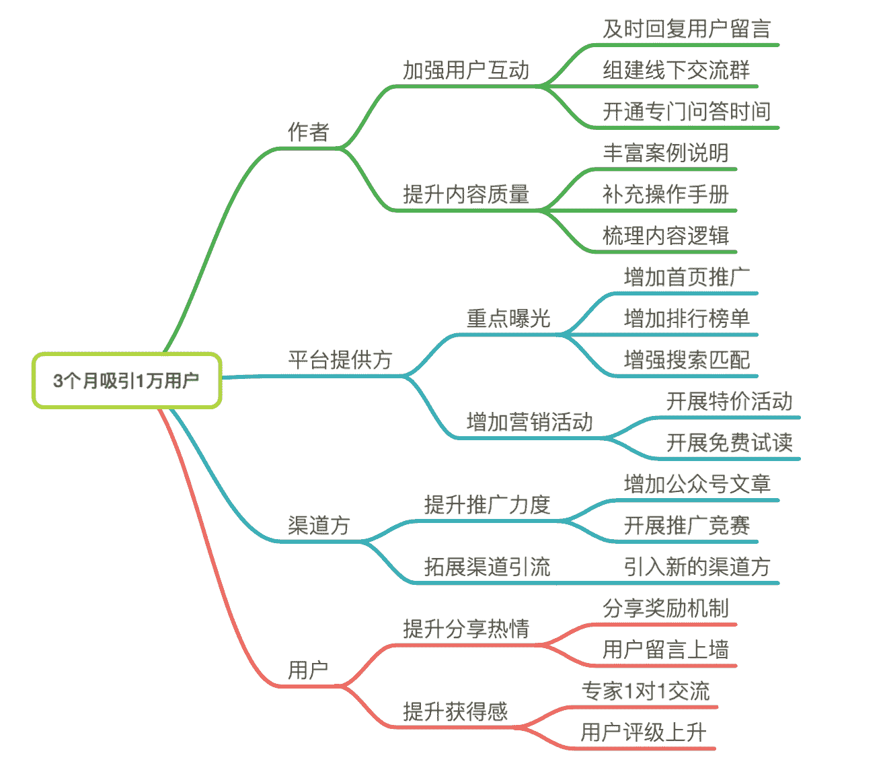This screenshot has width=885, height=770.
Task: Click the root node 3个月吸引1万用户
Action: [x=126, y=380]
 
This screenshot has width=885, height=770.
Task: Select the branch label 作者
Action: [x=309, y=131]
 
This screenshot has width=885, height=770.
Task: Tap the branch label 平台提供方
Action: [x=340, y=359]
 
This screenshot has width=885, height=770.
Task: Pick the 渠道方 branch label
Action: [x=319, y=525]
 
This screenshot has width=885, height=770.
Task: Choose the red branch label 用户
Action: [x=308, y=670]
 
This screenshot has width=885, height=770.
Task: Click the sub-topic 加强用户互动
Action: [x=466, y=70]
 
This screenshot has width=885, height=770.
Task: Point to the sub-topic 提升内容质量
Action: [x=466, y=195]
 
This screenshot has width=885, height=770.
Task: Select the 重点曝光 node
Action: [x=508, y=318]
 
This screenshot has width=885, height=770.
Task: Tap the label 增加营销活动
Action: [x=529, y=422]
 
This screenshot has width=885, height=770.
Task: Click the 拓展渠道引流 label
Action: [x=487, y=567]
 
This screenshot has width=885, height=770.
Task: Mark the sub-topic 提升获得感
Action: [x=455, y=711]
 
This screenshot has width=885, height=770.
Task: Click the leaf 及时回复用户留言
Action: [x=686, y=29]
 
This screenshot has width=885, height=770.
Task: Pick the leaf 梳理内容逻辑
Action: [x=665, y=236]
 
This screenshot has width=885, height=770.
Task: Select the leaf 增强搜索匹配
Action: [x=686, y=360]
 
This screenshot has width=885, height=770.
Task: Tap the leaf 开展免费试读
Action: [x=729, y=443]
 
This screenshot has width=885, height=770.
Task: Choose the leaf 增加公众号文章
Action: [x=697, y=484]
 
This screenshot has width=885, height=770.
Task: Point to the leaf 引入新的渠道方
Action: [x=697, y=567]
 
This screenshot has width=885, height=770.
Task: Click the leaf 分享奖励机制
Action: [x=665, y=608]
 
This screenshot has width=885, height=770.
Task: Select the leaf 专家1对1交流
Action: [x=645, y=691]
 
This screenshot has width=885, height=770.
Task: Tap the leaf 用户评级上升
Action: [x=644, y=732]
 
